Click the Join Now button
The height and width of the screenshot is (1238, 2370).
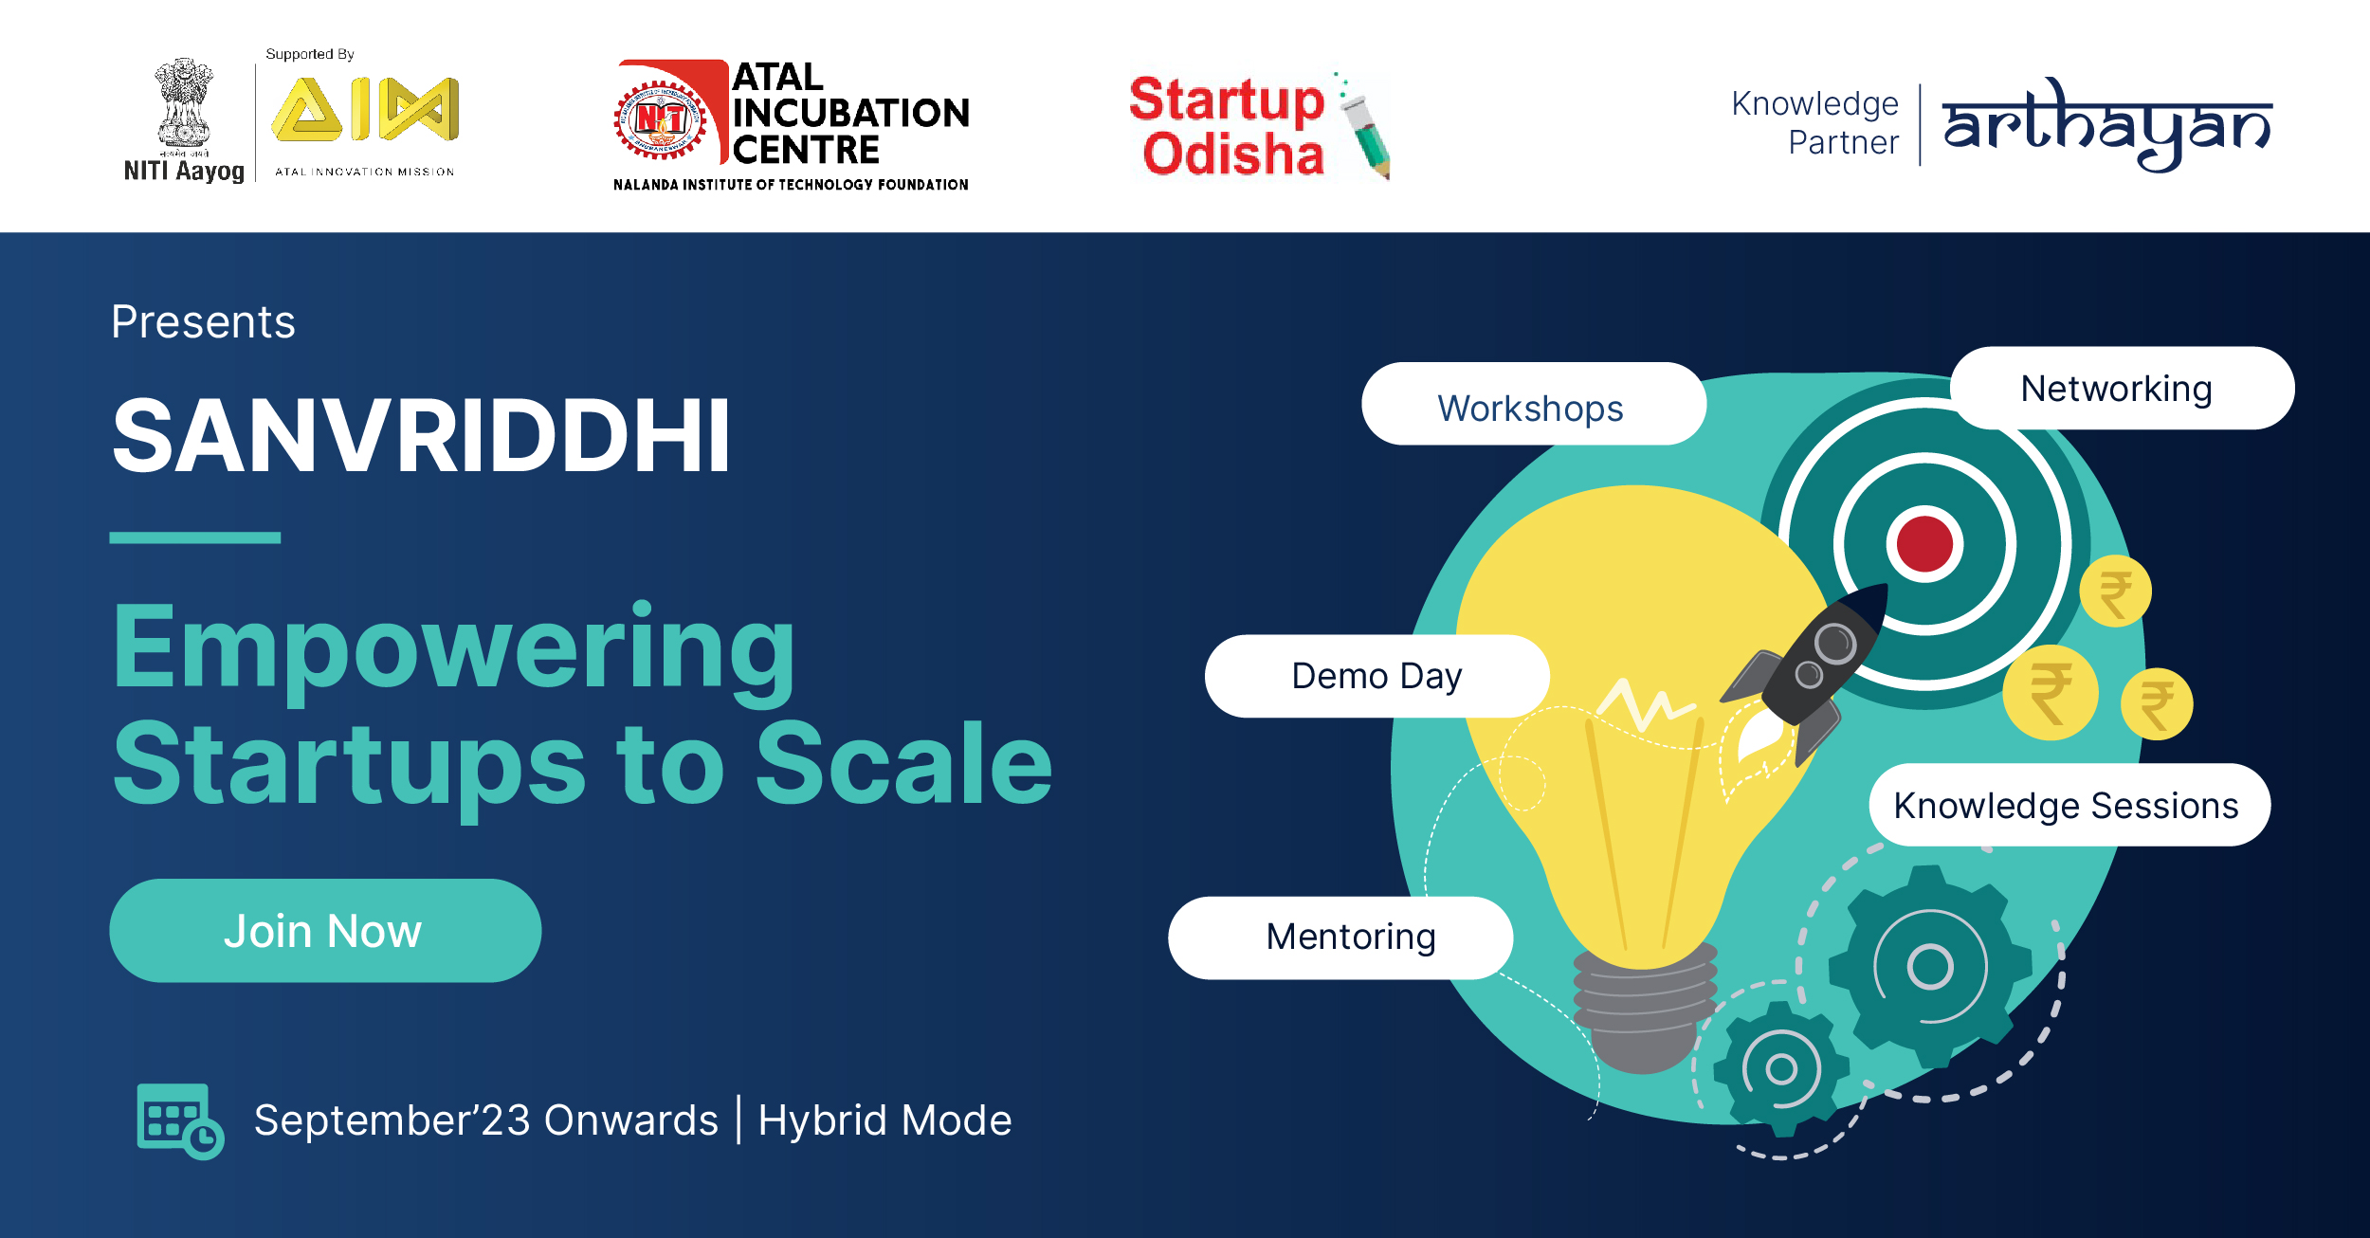325,930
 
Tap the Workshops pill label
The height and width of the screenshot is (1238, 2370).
1533,404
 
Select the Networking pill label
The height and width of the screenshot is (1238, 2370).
2122,388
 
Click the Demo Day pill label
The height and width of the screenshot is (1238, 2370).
1376,676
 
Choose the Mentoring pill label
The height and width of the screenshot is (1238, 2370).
1340,938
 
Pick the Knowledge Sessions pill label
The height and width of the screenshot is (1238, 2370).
2069,805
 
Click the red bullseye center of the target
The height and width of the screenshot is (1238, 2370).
1924,544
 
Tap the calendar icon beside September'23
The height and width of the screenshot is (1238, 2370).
180,1121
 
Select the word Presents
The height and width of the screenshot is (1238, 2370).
203,322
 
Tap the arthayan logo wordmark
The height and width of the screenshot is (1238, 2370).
2106,124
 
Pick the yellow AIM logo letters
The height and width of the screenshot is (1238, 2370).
366,109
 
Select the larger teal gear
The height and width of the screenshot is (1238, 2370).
1930,966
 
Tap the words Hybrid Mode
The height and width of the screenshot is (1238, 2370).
884,1120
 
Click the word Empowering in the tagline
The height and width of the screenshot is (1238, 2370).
454,651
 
